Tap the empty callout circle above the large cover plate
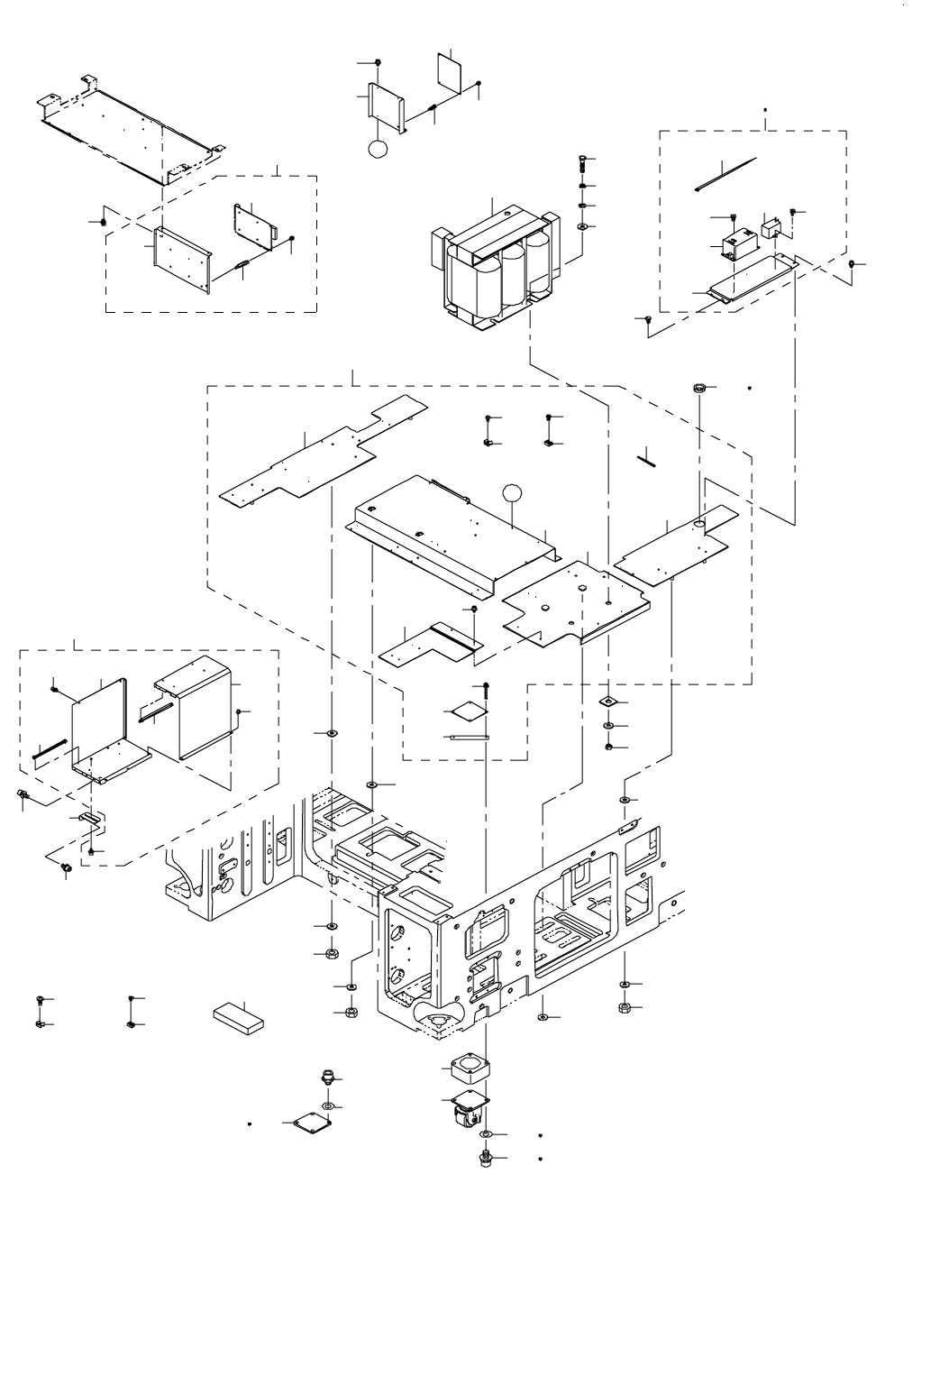point(512,491)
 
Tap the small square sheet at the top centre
point(449,69)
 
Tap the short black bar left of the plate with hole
point(648,458)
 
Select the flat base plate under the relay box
point(753,280)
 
